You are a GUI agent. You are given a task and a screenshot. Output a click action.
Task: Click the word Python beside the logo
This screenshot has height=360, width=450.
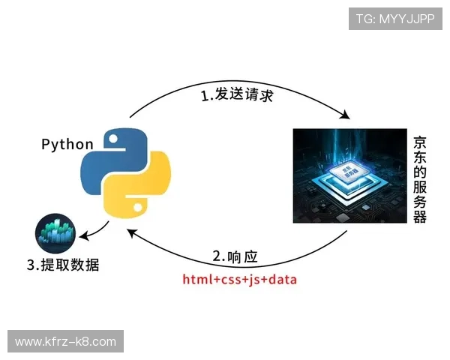[x=67, y=144]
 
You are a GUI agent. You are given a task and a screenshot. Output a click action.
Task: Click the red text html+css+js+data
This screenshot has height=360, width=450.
[x=240, y=280]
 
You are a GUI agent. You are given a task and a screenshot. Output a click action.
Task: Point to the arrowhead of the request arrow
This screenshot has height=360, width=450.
[x=346, y=116]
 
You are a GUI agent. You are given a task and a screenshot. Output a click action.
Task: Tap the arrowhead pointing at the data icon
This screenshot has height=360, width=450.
[x=83, y=236]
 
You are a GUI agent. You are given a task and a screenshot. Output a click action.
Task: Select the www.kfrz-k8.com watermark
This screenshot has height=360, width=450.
[x=65, y=342]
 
